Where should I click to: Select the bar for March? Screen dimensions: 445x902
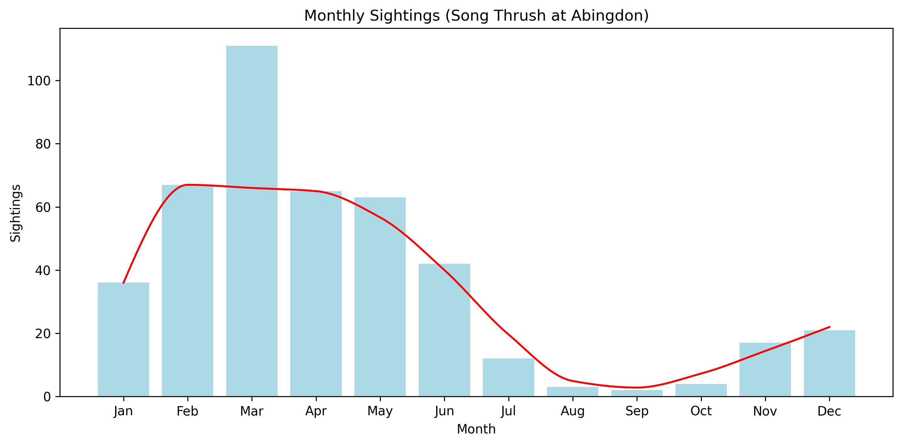[252, 220]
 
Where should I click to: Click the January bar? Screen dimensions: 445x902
[123, 339]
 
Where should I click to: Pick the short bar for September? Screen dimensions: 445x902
[637, 393]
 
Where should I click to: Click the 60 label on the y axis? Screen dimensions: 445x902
[43, 207]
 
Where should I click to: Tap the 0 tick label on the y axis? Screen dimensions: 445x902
[47, 397]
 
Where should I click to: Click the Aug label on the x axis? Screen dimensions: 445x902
[572, 411]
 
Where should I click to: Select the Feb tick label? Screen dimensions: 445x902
[187, 411]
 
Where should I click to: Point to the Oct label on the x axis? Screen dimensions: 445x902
[701, 411]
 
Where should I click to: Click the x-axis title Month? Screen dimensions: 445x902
[476, 429]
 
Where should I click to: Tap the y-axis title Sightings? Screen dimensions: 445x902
[16, 213]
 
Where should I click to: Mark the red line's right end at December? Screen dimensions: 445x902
[829, 327]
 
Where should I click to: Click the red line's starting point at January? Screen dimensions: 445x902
[123, 283]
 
